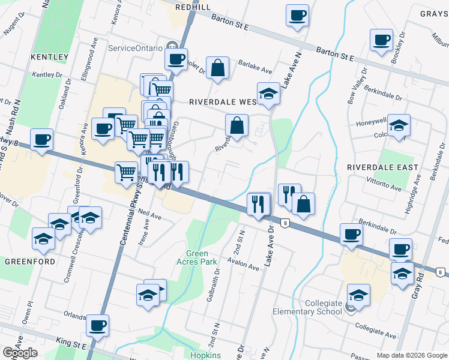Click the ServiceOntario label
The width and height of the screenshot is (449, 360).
tap(135, 47)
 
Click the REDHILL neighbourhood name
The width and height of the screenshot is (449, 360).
tap(193, 7)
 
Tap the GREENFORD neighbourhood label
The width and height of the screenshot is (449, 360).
tap(30, 262)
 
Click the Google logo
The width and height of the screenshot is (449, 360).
tap(20, 353)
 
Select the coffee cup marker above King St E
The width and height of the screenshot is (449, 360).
tap(97, 325)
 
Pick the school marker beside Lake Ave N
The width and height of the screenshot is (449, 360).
tap(268, 93)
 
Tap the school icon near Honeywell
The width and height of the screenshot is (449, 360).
tap(399, 125)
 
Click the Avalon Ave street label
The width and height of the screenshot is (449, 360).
tap(244, 263)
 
